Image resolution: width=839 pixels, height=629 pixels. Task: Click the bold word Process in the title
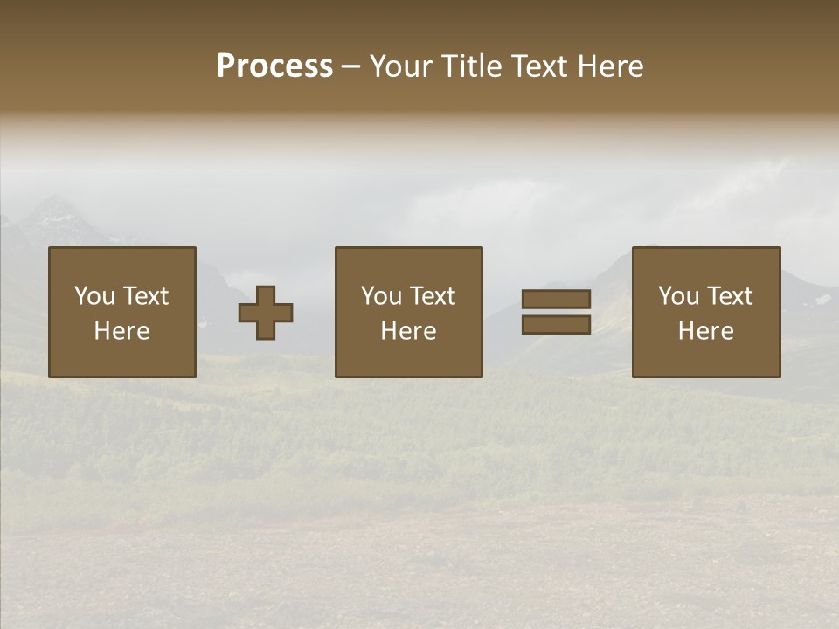coord(274,66)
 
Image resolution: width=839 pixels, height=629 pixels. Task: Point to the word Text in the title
coord(542,66)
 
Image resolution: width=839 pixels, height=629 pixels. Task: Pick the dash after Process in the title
coord(350,67)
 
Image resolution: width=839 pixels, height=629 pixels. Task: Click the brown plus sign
coord(266,313)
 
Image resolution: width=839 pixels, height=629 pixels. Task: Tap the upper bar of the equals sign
coord(556,299)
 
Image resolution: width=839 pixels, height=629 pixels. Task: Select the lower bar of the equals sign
coord(556,325)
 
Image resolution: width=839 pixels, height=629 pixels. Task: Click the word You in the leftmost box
coord(94,296)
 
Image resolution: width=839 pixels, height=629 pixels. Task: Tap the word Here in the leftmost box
coord(122,331)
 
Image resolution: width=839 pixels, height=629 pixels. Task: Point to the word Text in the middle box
coord(433,296)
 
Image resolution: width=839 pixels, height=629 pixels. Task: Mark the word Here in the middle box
coord(409,331)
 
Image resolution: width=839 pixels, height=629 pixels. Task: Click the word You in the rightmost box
coord(678,296)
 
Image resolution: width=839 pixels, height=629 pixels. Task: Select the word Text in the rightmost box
coord(730,296)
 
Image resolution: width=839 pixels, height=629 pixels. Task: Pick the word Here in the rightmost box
coord(706,331)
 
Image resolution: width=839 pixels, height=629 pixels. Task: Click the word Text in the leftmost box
coord(146,296)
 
